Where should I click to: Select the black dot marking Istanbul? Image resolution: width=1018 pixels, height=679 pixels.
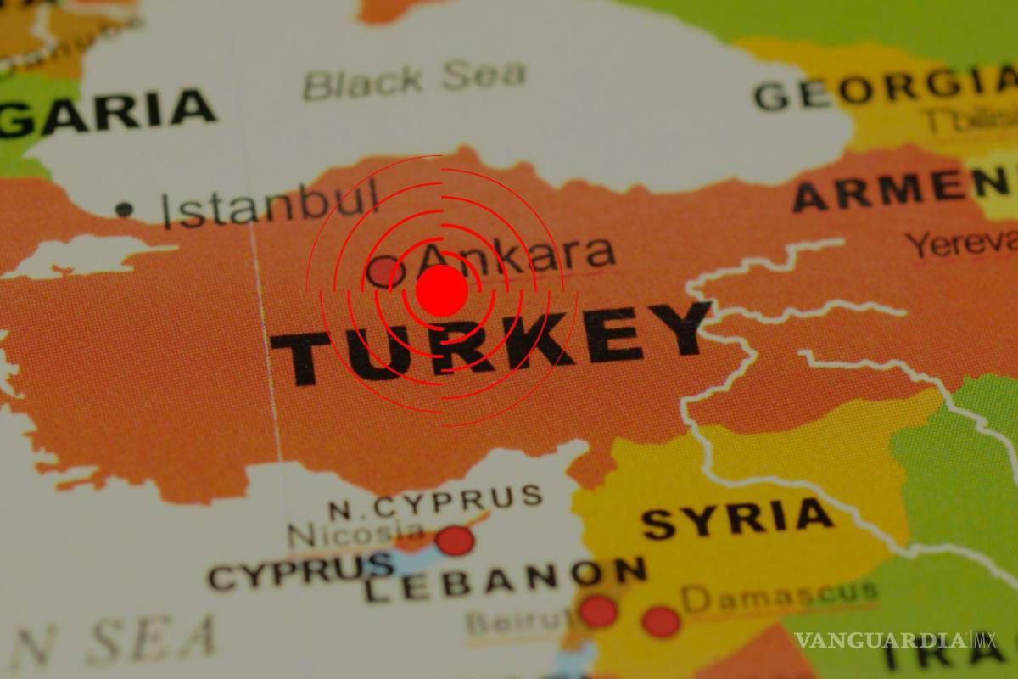[125, 209]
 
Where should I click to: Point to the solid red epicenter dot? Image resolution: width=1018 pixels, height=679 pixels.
[441, 290]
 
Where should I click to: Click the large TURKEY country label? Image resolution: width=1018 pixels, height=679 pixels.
[490, 344]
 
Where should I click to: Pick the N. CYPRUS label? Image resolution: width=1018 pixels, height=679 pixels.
[435, 503]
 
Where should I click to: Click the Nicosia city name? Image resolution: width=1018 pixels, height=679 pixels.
[356, 534]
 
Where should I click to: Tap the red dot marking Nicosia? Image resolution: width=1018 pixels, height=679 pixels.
[455, 540]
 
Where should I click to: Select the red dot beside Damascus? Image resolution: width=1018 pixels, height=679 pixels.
[661, 621]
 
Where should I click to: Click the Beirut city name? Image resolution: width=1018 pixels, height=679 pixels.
[516, 623]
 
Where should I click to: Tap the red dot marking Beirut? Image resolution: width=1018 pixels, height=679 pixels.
[597, 611]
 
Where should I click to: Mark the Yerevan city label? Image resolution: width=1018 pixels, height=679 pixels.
[962, 245]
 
